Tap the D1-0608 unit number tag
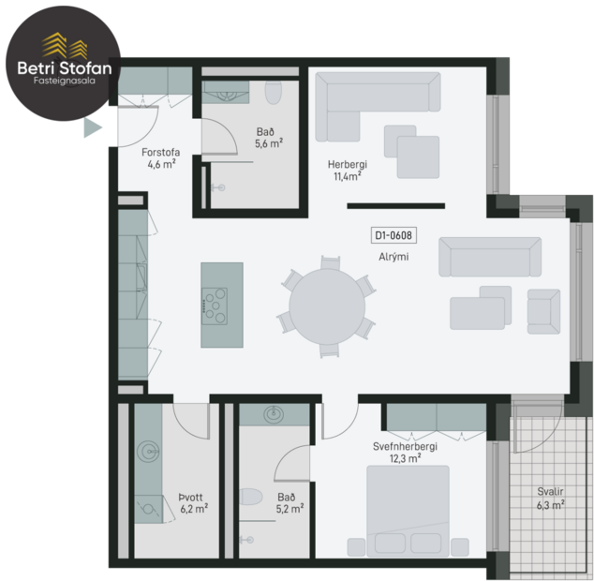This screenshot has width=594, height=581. point(394,236)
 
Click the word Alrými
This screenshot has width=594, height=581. point(394,256)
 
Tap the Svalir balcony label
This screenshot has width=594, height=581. point(551,491)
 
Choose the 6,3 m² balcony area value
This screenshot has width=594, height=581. point(551,505)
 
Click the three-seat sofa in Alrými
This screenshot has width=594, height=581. point(490,256)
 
